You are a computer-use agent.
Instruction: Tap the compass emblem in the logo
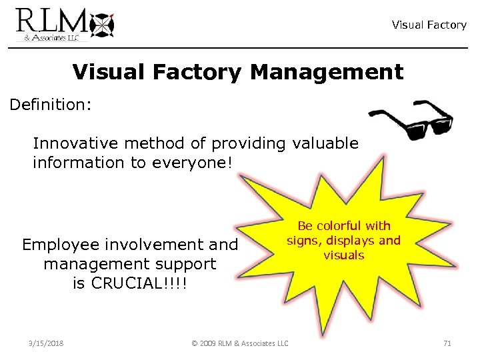[101, 25]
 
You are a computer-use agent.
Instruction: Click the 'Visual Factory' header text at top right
[429, 25]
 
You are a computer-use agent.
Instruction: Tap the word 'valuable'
[326, 143]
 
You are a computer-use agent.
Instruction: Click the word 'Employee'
[56, 245]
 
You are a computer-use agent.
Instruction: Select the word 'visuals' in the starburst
[344, 255]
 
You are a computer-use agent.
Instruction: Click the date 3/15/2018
[47, 343]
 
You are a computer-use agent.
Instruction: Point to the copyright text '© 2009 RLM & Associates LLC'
[240, 343]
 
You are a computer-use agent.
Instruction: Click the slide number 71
[447, 343]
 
